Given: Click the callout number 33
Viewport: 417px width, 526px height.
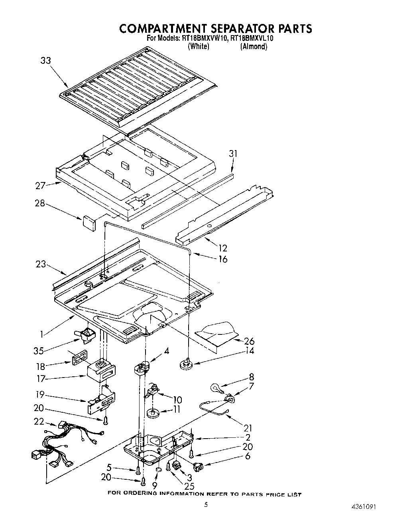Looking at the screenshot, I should coord(45,61).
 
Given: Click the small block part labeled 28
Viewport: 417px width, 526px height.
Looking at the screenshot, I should coord(89,222).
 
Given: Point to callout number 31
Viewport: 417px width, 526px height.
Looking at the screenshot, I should coord(233,154).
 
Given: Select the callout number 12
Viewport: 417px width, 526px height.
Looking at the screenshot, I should coord(222,248).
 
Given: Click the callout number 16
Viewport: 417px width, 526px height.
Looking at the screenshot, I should coord(222,259).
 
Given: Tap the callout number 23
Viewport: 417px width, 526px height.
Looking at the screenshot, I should coord(40,264).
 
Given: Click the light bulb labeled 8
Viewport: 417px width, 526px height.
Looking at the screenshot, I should coord(215,388).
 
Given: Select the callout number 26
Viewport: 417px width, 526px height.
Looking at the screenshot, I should coord(249,341).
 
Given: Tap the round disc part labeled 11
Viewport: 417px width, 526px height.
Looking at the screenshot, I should coord(153,413).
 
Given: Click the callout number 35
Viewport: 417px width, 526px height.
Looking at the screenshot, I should coord(39,351).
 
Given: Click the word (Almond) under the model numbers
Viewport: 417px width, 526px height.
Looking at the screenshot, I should coord(254,46).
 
